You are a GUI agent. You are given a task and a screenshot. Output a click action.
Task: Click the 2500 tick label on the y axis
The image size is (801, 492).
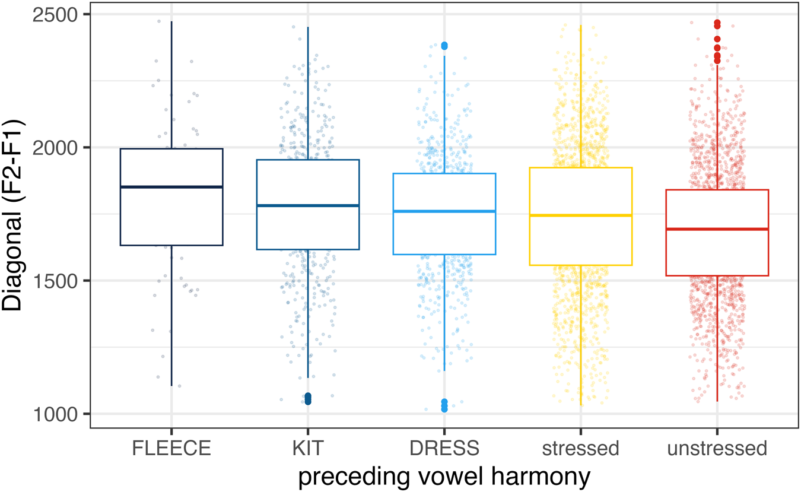(x=55, y=15)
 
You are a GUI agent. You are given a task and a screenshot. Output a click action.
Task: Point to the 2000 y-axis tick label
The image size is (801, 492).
(x=55, y=148)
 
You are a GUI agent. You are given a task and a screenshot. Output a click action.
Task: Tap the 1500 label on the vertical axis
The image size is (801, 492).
(x=55, y=281)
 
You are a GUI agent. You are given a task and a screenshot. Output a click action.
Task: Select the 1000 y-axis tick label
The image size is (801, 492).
(x=55, y=415)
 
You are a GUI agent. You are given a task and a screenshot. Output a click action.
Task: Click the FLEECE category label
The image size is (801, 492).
(x=171, y=448)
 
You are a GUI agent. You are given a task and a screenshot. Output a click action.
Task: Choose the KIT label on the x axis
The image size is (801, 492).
(x=308, y=448)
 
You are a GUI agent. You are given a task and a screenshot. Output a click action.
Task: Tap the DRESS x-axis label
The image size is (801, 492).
(x=444, y=448)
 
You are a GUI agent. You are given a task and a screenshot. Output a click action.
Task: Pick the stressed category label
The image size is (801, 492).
(x=581, y=449)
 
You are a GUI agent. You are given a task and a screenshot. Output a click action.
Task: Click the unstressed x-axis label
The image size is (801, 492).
(x=717, y=449)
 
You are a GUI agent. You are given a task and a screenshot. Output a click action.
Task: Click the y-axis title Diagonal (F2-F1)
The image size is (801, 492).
(x=12, y=216)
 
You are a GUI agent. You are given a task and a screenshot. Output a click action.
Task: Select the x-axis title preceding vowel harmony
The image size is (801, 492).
(x=444, y=477)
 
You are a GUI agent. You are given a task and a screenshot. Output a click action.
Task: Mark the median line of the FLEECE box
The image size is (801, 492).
(x=171, y=186)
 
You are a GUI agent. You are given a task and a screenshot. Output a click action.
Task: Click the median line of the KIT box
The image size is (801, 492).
(x=308, y=205)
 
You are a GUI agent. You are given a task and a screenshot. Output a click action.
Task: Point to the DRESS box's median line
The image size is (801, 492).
(x=444, y=211)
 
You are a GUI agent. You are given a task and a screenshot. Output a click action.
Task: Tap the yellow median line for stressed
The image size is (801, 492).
(x=581, y=215)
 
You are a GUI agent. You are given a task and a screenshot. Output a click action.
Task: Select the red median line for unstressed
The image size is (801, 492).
(x=717, y=229)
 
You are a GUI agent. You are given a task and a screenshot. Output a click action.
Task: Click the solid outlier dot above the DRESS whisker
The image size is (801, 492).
(x=444, y=46)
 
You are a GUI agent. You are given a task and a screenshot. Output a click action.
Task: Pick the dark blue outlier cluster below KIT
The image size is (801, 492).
(x=308, y=398)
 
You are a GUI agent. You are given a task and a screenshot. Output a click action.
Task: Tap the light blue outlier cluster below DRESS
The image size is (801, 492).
(x=444, y=406)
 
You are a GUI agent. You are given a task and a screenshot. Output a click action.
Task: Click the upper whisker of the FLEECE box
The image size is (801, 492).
(x=171, y=85)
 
